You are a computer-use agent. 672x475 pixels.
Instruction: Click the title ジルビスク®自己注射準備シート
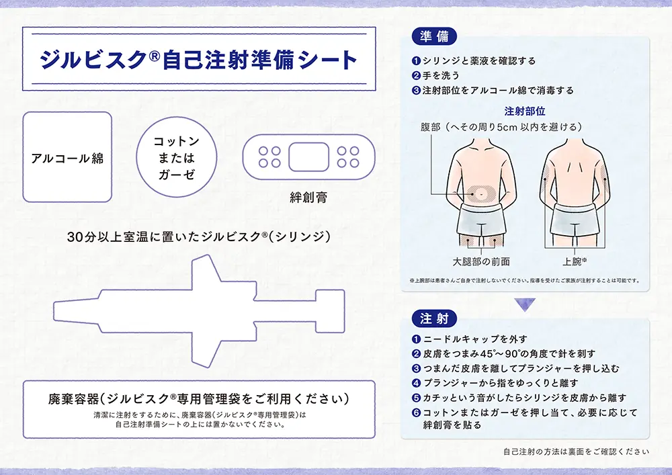pos(198,60)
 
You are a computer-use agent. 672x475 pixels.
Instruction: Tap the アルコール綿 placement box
pos(67,158)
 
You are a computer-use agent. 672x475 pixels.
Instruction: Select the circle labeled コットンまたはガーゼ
pos(177,158)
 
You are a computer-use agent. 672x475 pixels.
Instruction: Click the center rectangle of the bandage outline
pos(308,157)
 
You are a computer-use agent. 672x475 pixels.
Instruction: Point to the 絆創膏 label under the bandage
pos(308,198)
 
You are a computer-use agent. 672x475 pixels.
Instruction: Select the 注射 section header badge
pos(434,318)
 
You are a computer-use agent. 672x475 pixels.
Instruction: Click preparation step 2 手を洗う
pos(441,75)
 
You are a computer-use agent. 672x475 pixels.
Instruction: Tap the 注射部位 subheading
pos(524,111)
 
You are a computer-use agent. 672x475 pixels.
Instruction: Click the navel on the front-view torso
pos(482,195)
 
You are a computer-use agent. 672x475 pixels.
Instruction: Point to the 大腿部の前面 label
pos(481,261)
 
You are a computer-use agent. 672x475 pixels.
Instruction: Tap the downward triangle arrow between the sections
pos(525,304)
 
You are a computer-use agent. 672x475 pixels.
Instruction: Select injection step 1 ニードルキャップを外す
pos(470,339)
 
